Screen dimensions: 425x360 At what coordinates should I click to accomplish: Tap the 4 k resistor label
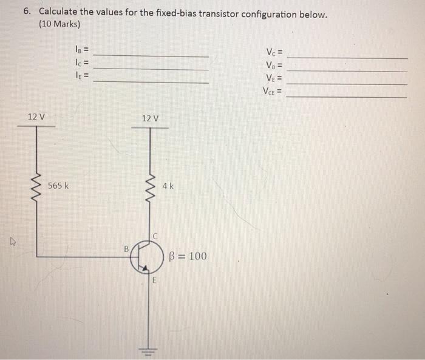click(x=168, y=186)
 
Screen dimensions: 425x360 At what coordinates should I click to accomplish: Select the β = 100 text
click(x=188, y=256)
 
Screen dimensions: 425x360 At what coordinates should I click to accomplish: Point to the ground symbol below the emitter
click(x=149, y=350)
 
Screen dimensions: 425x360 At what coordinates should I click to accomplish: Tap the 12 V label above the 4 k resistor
click(x=150, y=118)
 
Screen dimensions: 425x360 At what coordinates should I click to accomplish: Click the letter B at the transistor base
click(x=126, y=248)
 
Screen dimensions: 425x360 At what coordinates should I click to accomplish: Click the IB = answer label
click(x=82, y=50)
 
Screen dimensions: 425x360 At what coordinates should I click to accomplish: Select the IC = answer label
click(x=82, y=63)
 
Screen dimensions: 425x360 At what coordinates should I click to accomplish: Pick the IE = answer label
click(x=82, y=76)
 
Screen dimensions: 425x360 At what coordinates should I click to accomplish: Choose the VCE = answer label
click(x=274, y=92)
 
